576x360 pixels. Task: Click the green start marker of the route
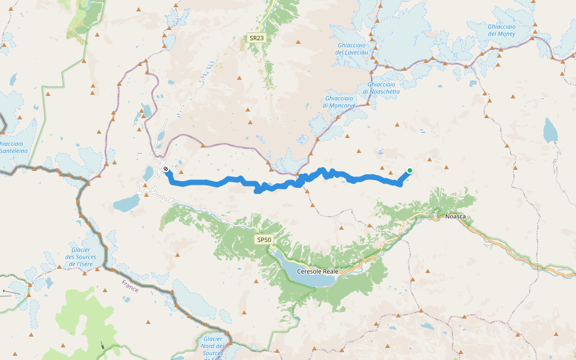(409, 170)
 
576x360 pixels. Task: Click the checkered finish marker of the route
(165, 170)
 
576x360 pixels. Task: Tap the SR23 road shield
(256, 38)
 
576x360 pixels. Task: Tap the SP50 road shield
(264, 240)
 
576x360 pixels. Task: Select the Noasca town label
(455, 216)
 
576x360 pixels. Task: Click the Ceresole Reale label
(317, 271)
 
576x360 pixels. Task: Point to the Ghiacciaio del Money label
(502, 30)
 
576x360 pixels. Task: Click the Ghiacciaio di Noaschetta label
(381, 88)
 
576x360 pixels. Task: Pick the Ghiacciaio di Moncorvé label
(339, 101)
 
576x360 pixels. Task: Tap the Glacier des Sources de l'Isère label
(80, 257)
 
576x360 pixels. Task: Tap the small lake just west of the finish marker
(148, 173)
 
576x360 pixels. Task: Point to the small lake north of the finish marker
(146, 110)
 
